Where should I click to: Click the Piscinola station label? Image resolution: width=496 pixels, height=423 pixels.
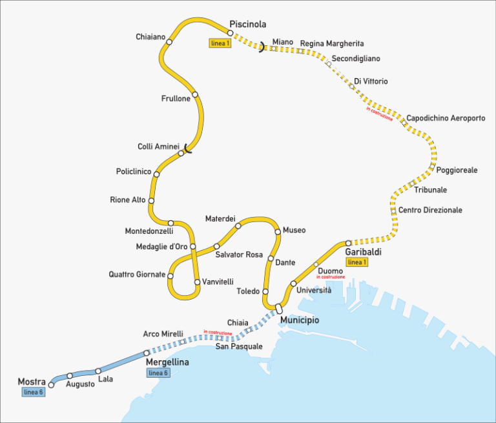247,25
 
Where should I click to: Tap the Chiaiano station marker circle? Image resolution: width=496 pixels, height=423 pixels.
169,42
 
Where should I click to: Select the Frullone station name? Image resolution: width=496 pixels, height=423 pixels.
176,99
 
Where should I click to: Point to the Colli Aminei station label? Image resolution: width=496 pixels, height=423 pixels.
158,147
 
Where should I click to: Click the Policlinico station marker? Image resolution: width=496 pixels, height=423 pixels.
156,174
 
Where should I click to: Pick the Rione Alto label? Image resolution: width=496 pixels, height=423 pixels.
128,200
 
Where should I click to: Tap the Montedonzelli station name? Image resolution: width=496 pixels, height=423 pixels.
149,231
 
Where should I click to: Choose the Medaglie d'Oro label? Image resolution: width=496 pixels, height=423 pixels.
161,247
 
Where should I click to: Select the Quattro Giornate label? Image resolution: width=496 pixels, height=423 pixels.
137,274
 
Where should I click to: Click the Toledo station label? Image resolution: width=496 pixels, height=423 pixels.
248,292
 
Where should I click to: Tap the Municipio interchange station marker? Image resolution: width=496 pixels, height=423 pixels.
279,308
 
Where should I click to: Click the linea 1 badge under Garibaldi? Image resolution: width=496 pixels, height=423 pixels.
356,262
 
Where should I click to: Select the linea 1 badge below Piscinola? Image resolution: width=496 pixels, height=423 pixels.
220,43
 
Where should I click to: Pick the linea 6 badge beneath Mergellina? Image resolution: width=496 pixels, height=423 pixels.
158,373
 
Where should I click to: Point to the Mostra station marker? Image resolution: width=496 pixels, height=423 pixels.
52,385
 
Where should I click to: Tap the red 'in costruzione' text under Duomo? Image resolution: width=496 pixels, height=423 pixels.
330,277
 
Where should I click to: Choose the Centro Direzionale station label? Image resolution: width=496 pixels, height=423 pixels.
430,211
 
